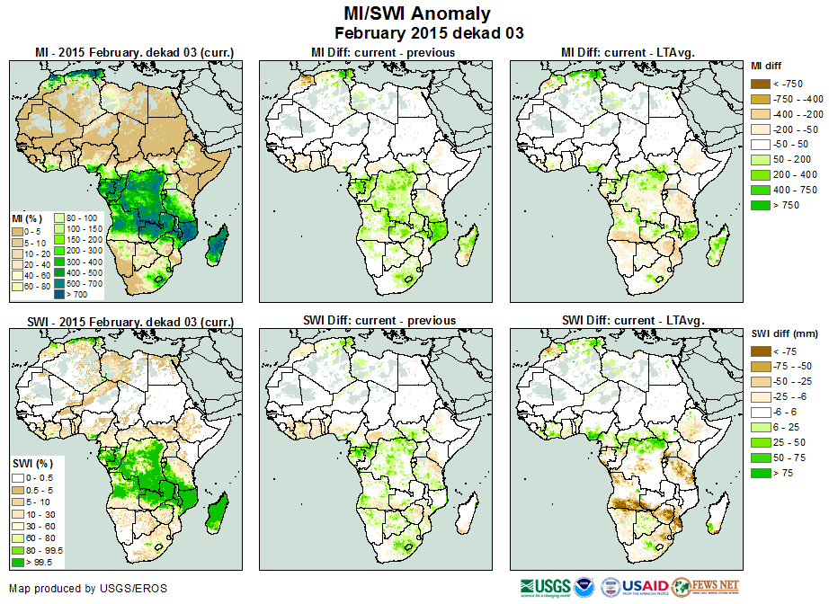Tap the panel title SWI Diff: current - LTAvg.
[632, 320]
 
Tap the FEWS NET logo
[705, 588]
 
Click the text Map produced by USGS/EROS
[88, 589]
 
